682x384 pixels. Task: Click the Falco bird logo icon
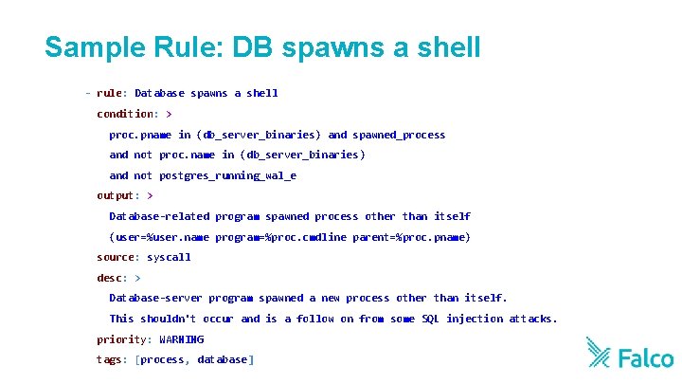(x=599, y=353)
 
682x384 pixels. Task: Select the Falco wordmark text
(x=645, y=357)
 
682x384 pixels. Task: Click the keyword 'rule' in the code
(x=108, y=93)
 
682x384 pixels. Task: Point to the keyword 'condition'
(x=126, y=114)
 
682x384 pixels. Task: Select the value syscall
(x=169, y=257)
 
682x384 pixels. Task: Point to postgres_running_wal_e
(x=227, y=175)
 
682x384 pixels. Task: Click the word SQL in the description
(x=431, y=319)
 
